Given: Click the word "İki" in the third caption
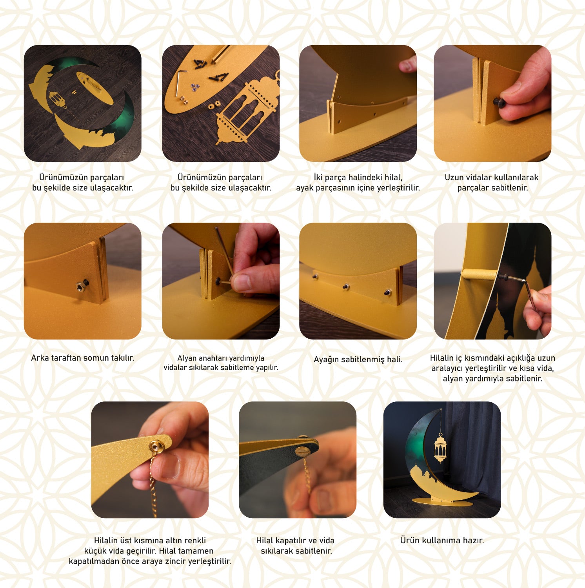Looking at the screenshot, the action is tap(318, 178).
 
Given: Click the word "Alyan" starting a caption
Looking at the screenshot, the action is tap(187, 358).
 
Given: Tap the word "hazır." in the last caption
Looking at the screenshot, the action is tap(473, 541).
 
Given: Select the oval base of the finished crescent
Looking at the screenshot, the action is tap(441, 503).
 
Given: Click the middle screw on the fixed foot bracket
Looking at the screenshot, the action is tap(346, 287).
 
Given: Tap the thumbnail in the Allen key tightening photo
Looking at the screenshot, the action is tap(240, 282).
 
